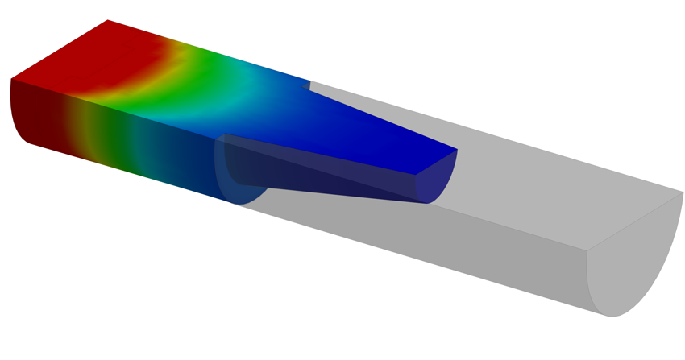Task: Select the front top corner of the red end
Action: [x=10, y=78]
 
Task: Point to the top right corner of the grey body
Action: [x=683, y=192]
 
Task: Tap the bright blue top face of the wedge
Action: [x=379, y=137]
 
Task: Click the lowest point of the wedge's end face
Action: [x=426, y=203]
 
